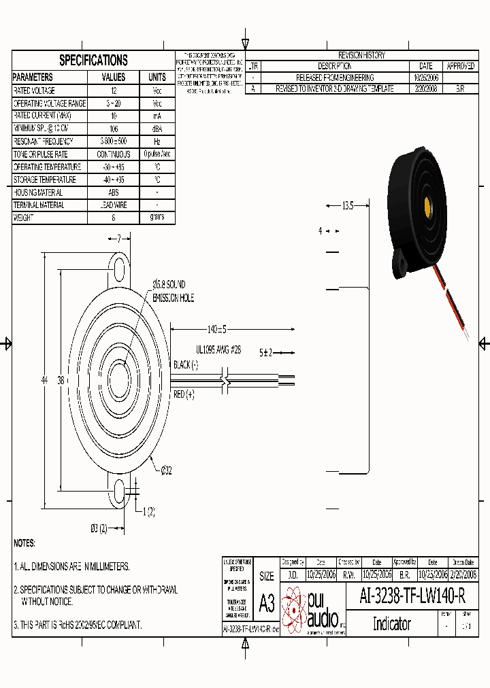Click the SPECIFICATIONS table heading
[x=93, y=60]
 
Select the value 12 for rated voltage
[x=114, y=90]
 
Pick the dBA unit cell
[x=157, y=128]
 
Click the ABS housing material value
[x=114, y=192]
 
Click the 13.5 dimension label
[x=347, y=205]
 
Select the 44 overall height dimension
[x=45, y=381]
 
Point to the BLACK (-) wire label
[x=186, y=364]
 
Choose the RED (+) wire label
[x=184, y=394]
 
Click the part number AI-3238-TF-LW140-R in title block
[x=412, y=596]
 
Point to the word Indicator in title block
[x=391, y=623]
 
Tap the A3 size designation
[x=267, y=604]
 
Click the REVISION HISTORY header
[x=361, y=55]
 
